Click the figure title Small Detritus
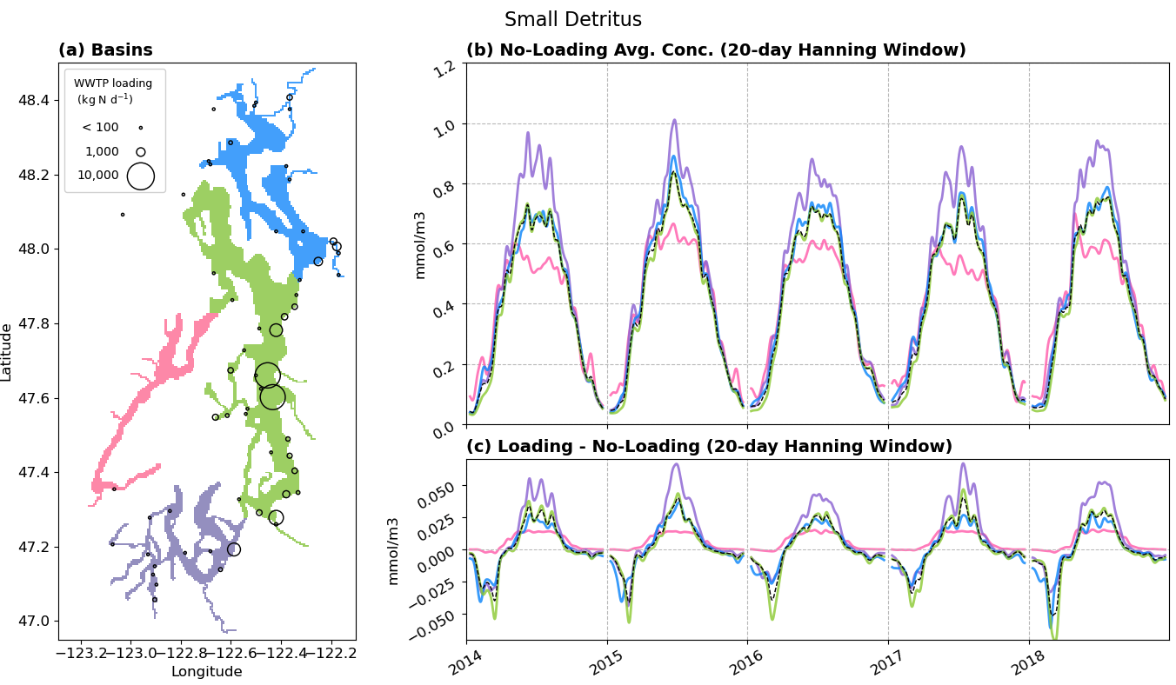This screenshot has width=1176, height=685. pyautogui.click(x=572, y=20)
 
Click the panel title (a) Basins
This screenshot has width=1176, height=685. pyautogui.click(x=105, y=50)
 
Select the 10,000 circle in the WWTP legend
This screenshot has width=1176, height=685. pyautogui.click(x=140, y=176)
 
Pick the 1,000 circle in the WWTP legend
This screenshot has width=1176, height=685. pyautogui.click(x=140, y=152)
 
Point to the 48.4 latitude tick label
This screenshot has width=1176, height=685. pyautogui.click(x=36, y=101)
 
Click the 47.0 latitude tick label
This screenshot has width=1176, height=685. pyautogui.click(x=36, y=621)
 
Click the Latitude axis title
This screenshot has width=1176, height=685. pyautogui.click(x=8, y=352)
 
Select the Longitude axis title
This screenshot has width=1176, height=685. pyautogui.click(x=206, y=671)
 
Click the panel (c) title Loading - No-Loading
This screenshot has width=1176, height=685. pyautogui.click(x=709, y=447)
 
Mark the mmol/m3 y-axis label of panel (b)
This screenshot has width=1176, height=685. pyautogui.click(x=420, y=244)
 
